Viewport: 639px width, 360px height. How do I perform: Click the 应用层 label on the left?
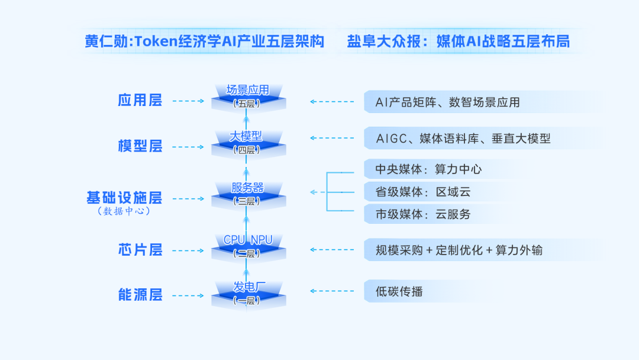[140, 100]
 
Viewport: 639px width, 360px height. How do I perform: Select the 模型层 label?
[140, 146]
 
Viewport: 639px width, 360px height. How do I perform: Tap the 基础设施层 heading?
[124, 198]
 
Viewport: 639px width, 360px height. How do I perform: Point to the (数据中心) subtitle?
[124, 211]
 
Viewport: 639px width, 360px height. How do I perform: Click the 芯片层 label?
[140, 250]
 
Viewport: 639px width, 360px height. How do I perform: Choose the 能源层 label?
[140, 295]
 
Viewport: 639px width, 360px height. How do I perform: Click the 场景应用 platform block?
[248, 97]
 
